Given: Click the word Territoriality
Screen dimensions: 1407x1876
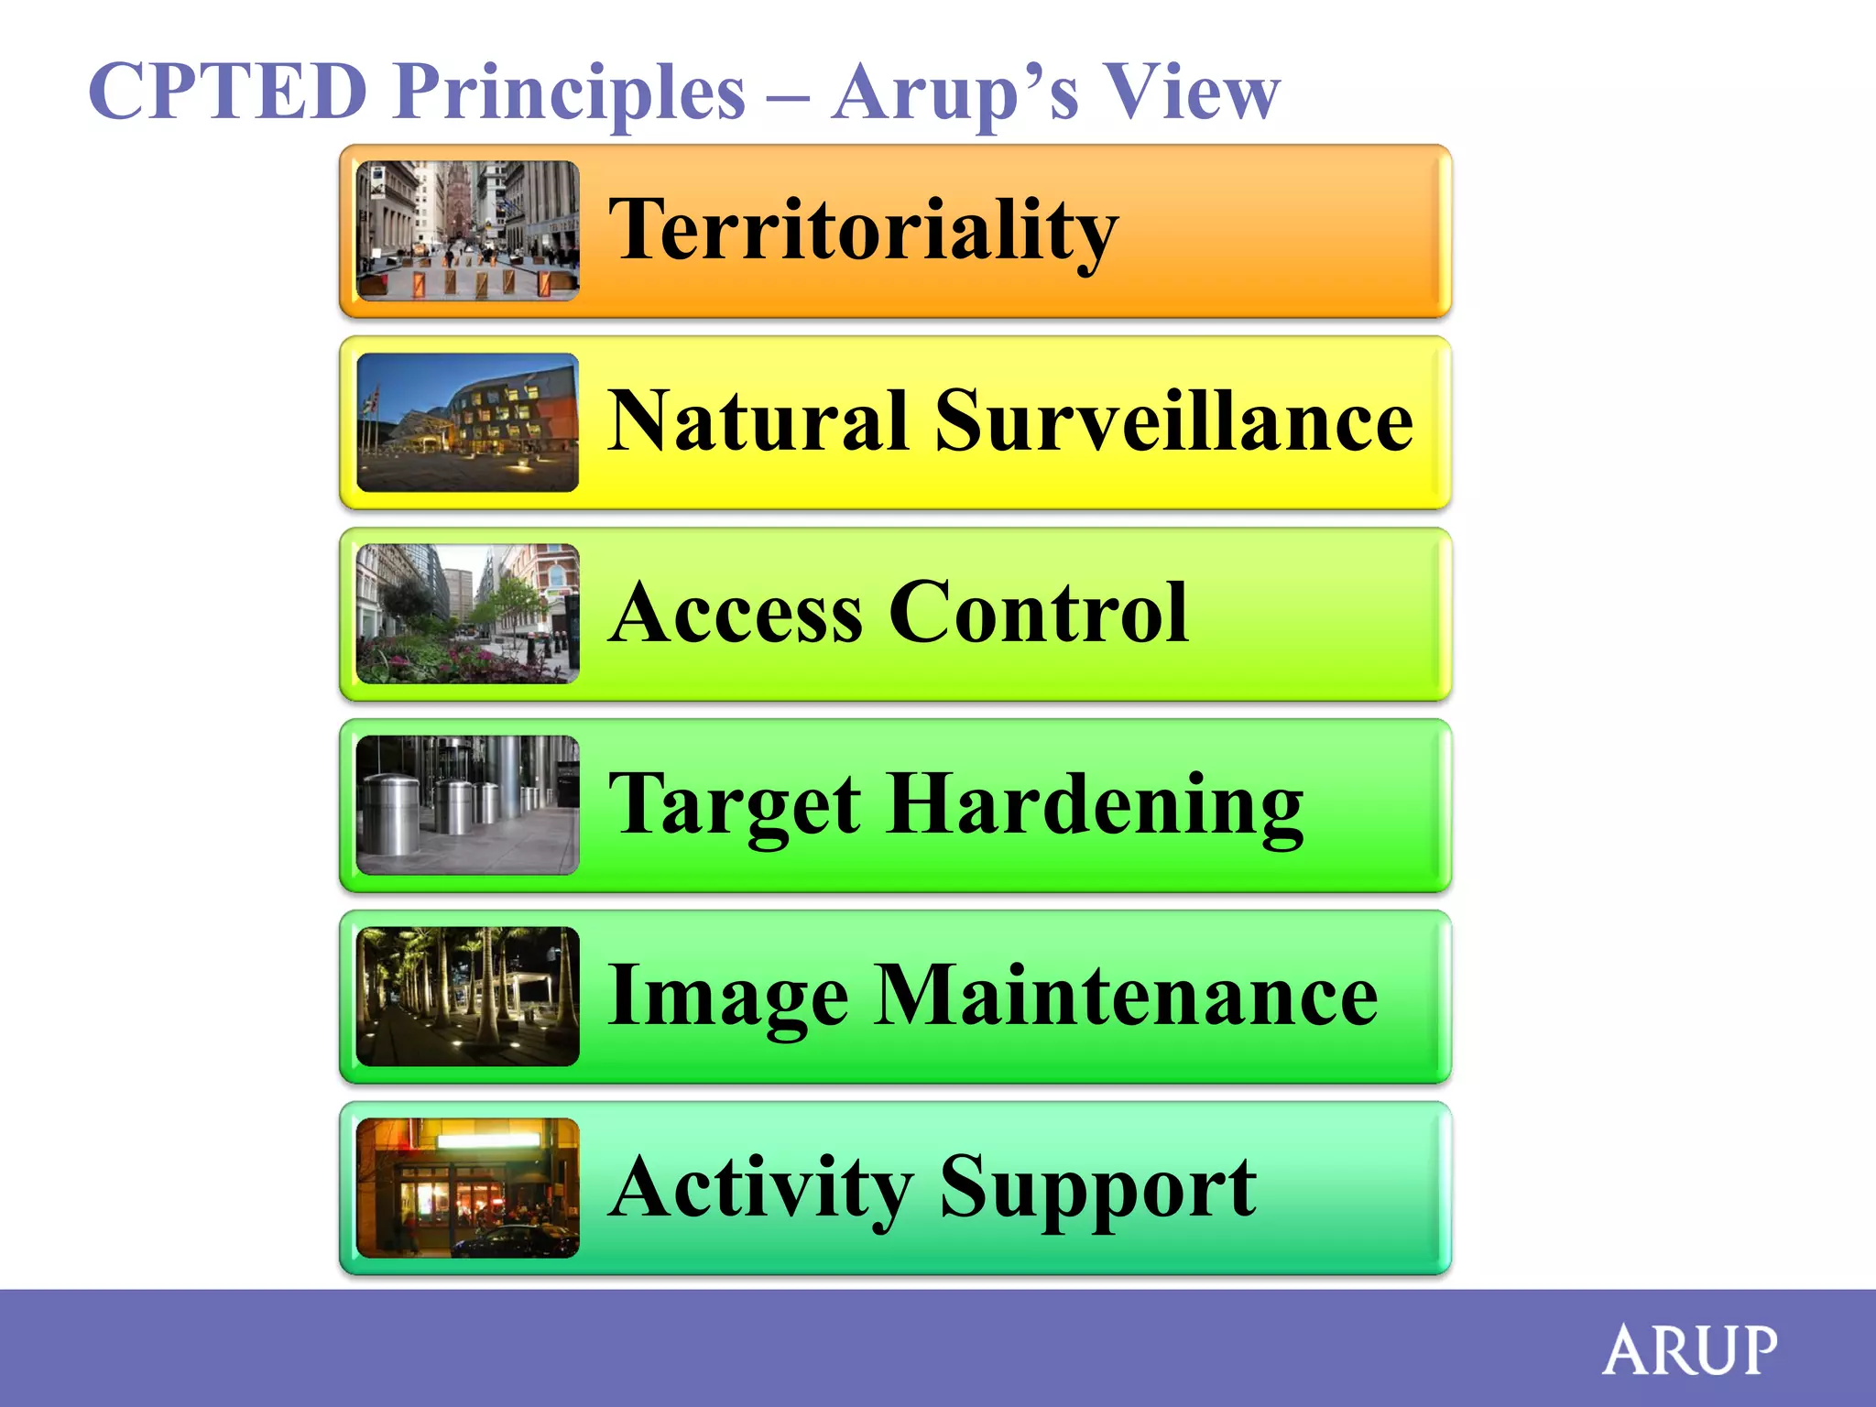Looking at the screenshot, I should pos(863,231).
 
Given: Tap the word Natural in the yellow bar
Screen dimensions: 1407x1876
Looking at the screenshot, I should pos(758,421).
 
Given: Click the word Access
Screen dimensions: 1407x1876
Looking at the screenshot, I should pos(737,613).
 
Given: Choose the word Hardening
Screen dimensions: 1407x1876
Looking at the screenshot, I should pos(1095,806).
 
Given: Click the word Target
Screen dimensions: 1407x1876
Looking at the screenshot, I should pos(735,806).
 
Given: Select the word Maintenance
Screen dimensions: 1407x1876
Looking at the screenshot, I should pos(1126,996).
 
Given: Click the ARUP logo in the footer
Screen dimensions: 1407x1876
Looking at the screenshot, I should pos(1689,1350).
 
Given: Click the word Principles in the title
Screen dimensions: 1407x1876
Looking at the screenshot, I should pos(569,93).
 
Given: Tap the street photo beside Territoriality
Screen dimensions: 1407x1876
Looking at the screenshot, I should pos(467,231).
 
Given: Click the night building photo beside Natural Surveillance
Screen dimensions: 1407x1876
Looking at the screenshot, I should pos(467,422).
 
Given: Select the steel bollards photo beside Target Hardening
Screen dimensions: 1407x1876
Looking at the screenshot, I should pos(467,805).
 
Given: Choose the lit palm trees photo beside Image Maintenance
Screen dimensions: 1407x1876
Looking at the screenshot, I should pos(467,996).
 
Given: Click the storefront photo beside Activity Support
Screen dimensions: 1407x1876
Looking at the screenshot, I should pos(467,1187).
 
